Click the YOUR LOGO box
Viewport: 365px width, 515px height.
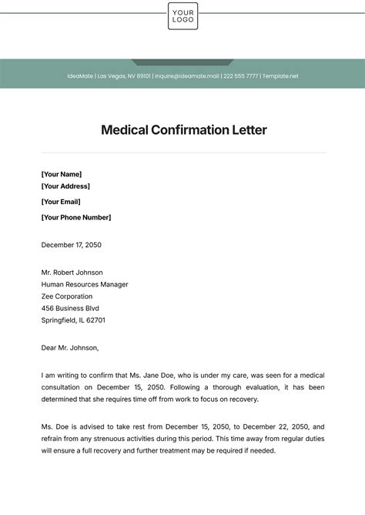(182, 16)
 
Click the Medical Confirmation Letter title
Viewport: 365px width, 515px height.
(183, 130)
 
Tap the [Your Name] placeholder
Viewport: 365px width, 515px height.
(62, 174)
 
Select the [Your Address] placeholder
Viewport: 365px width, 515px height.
(65, 186)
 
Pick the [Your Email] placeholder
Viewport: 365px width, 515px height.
(61, 202)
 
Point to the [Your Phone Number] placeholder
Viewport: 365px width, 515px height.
(76, 217)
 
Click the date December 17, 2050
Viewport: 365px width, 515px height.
(72, 245)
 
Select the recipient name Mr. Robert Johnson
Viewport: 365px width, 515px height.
(72, 273)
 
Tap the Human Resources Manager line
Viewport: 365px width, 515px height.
(85, 284)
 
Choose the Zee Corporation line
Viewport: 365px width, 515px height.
(67, 296)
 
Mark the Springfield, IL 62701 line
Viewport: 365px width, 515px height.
(73, 320)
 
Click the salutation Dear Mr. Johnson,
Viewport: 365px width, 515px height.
(70, 348)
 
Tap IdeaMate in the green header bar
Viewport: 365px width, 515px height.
(80, 76)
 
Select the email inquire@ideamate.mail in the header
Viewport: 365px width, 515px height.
(187, 76)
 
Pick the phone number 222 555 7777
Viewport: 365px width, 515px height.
(240, 76)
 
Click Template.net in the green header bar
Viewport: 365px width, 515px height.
(280, 76)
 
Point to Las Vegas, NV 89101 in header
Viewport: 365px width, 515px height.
(124, 76)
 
